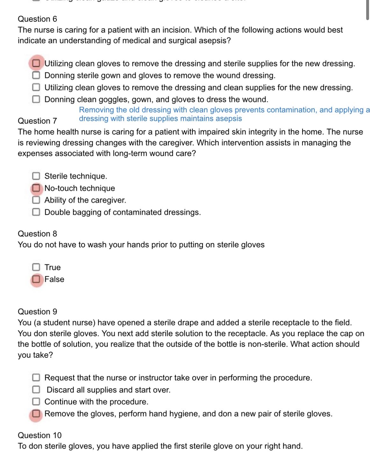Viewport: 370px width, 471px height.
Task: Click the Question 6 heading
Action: [x=37, y=19]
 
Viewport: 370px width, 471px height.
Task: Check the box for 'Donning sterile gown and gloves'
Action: [x=36, y=76]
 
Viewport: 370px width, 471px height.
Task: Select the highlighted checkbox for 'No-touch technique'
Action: [x=37, y=188]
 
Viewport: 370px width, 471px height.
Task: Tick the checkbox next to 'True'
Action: [x=36, y=267]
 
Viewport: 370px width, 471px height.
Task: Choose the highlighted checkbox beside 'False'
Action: [x=37, y=279]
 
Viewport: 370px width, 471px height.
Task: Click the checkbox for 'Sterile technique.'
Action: [x=36, y=176]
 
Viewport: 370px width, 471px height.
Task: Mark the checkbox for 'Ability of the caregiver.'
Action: [x=36, y=200]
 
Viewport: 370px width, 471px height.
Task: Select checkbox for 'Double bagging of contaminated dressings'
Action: [x=36, y=212]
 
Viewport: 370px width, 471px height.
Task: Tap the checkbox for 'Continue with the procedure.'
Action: [x=36, y=401]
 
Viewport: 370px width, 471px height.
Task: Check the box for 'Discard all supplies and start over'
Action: [x=36, y=390]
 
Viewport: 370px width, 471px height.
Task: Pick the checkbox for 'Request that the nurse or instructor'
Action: [x=36, y=378]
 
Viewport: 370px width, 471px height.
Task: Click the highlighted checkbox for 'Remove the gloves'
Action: [x=36, y=414]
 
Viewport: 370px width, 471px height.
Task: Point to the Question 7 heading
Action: [x=37, y=121]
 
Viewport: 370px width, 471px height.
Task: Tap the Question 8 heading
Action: [x=37, y=234]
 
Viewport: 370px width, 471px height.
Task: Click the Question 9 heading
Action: [x=37, y=312]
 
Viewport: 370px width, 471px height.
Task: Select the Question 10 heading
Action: [x=39, y=435]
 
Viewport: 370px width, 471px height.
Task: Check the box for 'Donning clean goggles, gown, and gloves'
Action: [x=36, y=99]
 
